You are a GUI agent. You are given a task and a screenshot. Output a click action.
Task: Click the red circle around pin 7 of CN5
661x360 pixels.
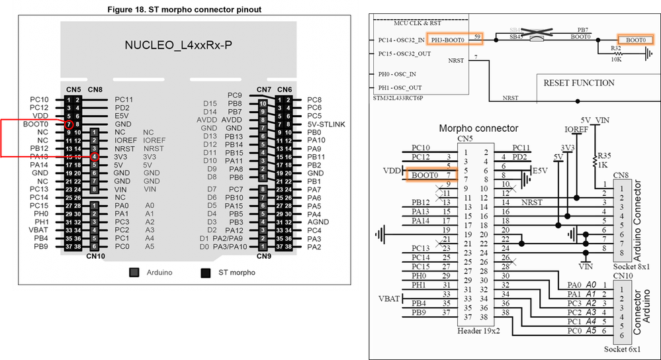[69, 124]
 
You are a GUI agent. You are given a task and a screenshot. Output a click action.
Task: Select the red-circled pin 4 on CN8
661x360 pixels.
[95, 157]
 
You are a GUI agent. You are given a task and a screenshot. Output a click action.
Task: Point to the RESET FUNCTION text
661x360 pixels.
[579, 83]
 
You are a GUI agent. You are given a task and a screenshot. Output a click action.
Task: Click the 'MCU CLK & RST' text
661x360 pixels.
[418, 22]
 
